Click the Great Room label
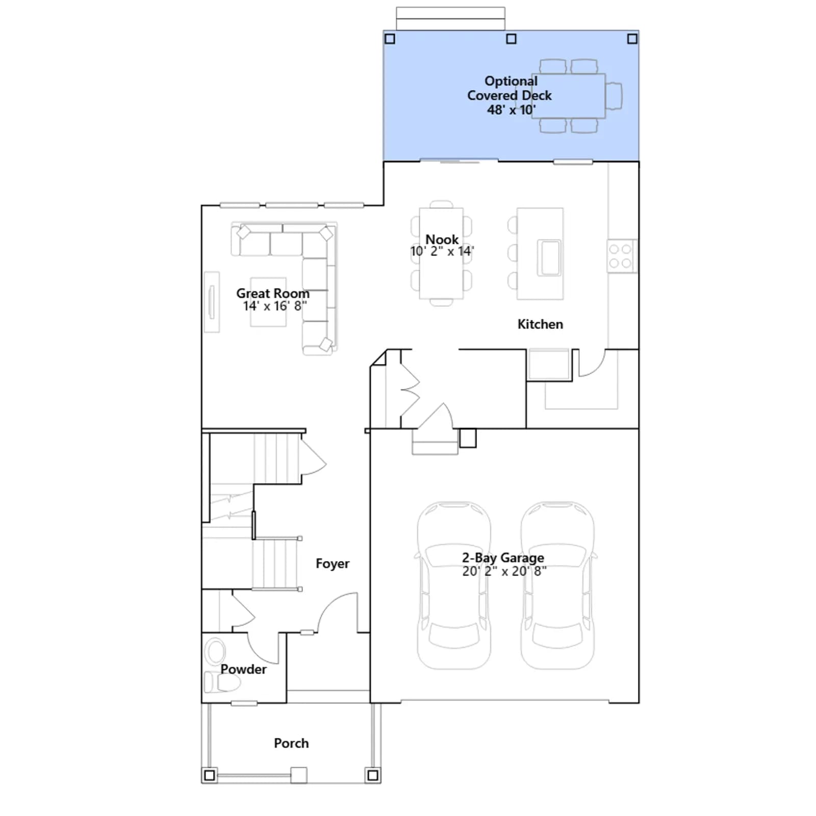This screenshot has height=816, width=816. pyautogui.click(x=273, y=293)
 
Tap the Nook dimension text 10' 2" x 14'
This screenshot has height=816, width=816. pyautogui.click(x=442, y=251)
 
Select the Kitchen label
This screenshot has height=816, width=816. pyautogui.click(x=540, y=324)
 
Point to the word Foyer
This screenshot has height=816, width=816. pyautogui.click(x=333, y=564)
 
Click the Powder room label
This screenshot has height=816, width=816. pyautogui.click(x=243, y=669)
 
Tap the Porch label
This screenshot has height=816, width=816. pyautogui.click(x=291, y=743)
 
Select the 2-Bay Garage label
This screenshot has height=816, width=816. pyautogui.click(x=503, y=558)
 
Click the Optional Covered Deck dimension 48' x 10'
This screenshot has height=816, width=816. pyautogui.click(x=511, y=110)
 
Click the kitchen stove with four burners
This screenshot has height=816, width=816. pyautogui.click(x=621, y=256)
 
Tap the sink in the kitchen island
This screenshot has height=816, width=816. pyautogui.click(x=550, y=258)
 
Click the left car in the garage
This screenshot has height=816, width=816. pyautogui.click(x=454, y=585)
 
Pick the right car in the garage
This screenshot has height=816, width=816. pyautogui.click(x=557, y=585)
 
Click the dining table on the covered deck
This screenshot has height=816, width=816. pyautogui.click(x=569, y=96)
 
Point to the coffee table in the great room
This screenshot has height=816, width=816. pyautogui.click(x=268, y=302)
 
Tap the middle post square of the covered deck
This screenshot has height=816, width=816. pyautogui.click(x=511, y=39)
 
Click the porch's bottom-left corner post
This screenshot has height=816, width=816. pyautogui.click(x=209, y=776)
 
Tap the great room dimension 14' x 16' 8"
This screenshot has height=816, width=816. pyautogui.click(x=275, y=306)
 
